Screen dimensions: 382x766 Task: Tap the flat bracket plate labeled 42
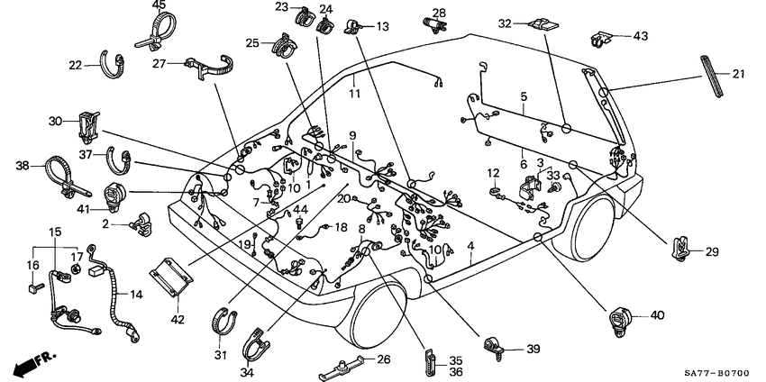[x=172, y=277]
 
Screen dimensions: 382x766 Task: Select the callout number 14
[x=136, y=294]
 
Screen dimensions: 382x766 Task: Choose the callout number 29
[x=712, y=251]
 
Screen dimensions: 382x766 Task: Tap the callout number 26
[x=383, y=359]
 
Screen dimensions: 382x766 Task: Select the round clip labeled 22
[x=113, y=65]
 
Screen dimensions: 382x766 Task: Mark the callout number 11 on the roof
[x=354, y=93]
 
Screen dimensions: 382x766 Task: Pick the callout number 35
[x=456, y=359]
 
